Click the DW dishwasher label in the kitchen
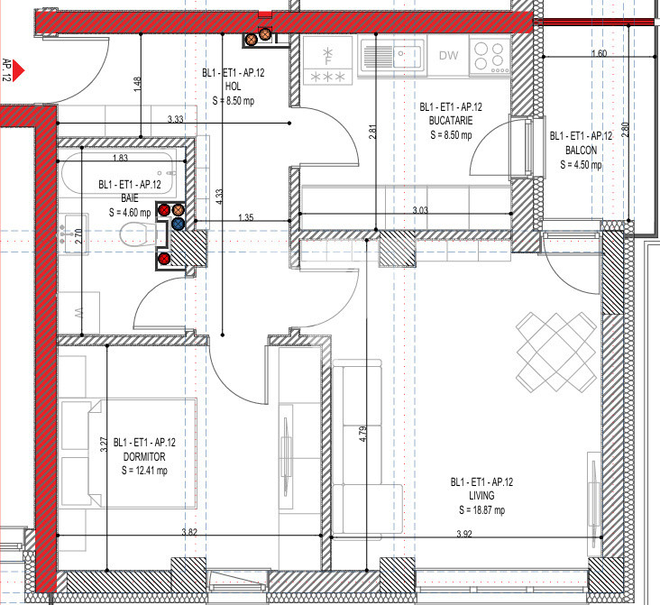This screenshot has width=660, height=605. click(x=448, y=56)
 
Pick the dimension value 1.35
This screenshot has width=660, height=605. click(x=245, y=217)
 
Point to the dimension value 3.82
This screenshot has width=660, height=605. click(x=189, y=532)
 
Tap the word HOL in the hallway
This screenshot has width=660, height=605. click(x=233, y=87)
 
